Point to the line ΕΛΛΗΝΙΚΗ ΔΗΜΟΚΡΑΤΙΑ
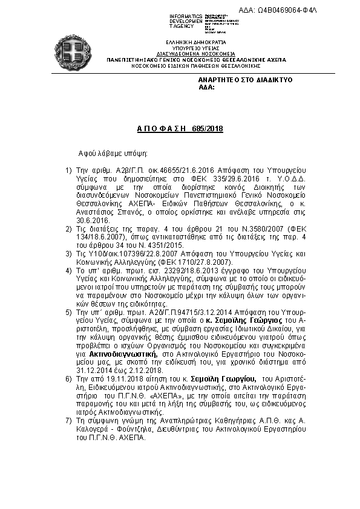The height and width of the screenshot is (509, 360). (191, 41)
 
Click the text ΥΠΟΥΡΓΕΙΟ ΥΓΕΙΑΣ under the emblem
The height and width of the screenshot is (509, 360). (191, 46)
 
